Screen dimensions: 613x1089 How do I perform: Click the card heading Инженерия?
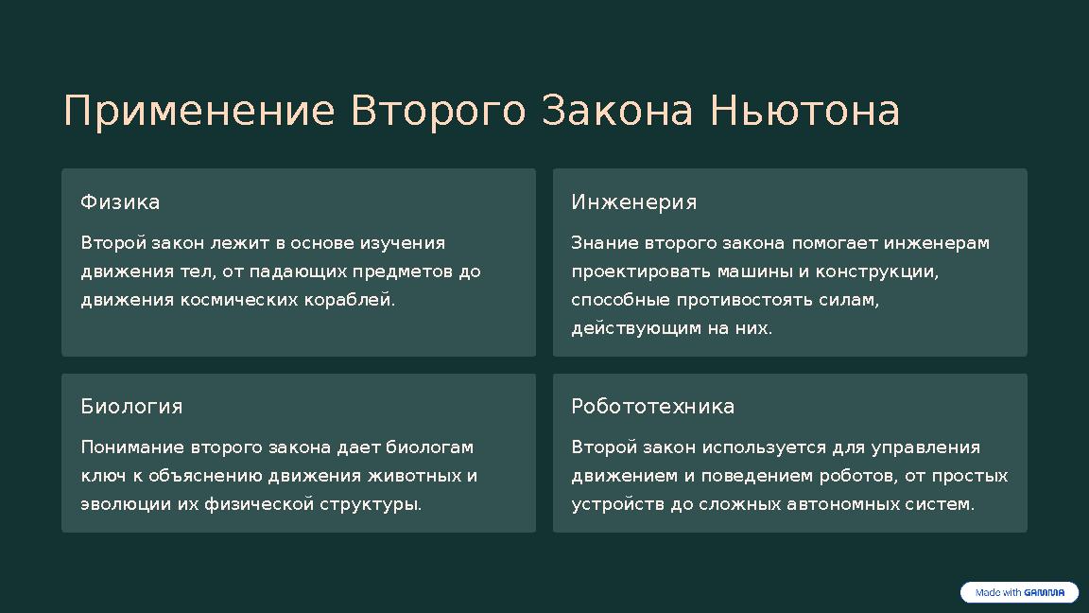point(633,202)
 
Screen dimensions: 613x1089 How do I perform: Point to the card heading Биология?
point(131,407)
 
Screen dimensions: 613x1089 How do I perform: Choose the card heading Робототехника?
point(652,407)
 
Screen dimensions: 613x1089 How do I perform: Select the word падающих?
point(299,271)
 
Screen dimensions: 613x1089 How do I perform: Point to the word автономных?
point(841,504)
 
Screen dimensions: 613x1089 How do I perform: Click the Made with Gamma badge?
point(1019,593)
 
